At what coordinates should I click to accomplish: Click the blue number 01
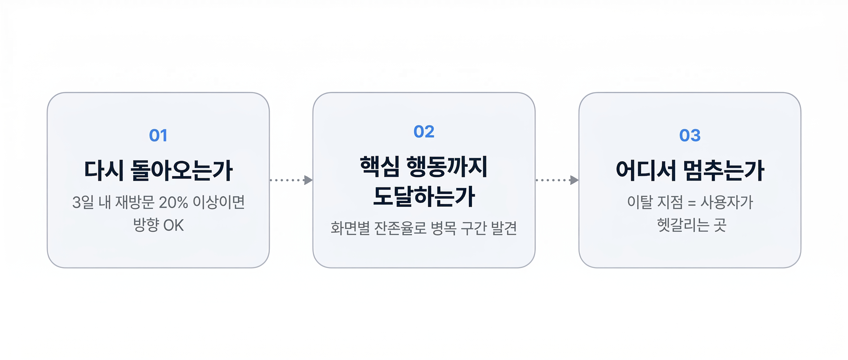pos(158,135)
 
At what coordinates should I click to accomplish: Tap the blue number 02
pos(424,132)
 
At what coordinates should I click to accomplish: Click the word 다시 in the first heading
pos(104,171)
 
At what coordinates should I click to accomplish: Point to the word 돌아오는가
pos(182,171)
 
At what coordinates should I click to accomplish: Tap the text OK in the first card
pos(173,226)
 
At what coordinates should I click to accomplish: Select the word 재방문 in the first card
pos(135,202)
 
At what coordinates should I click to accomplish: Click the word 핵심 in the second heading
pos(380,167)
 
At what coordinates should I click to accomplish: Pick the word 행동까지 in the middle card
pos(447,167)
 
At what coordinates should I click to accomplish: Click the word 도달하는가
pos(424,196)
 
